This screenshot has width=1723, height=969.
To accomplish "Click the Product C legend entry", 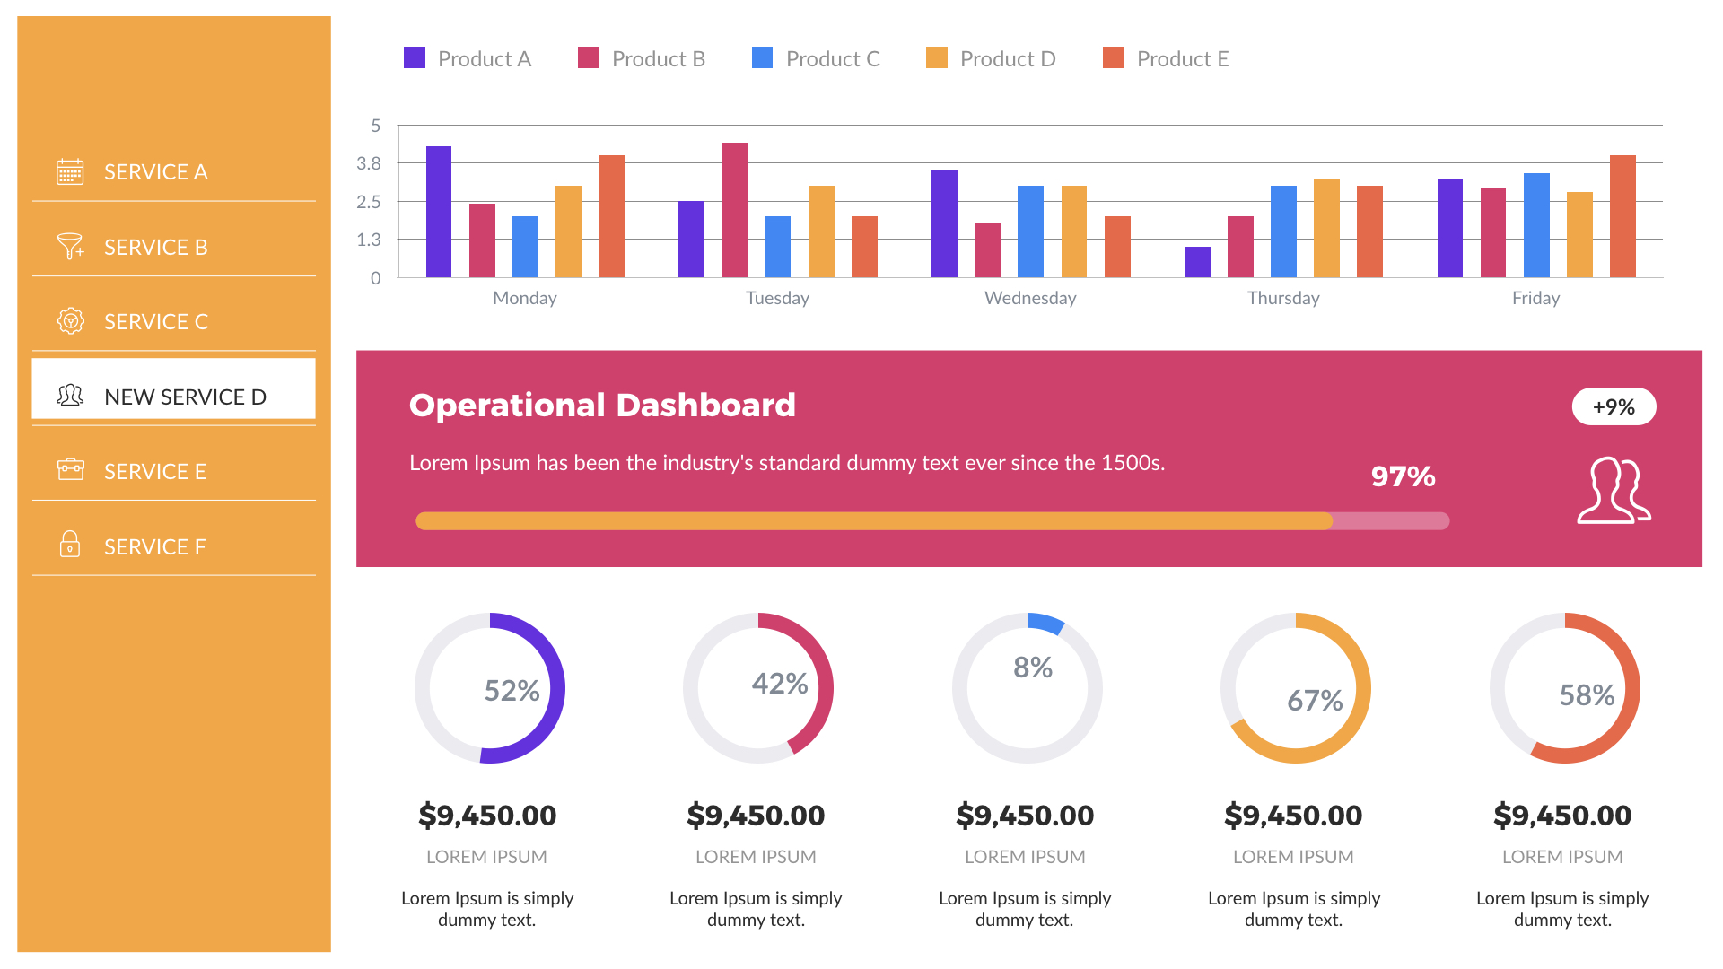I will pyautogui.click(x=816, y=59).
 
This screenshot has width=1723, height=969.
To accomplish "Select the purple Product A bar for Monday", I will pyautogui.click(x=438, y=212).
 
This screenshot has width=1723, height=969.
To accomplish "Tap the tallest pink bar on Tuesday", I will pyautogui.click(x=734, y=210).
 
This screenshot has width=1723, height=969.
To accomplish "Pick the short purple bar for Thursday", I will pyautogui.click(x=1197, y=262).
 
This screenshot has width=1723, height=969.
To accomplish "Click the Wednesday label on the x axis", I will pyautogui.click(x=1030, y=298).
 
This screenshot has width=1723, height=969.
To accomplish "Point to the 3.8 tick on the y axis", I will pyautogui.click(x=369, y=163).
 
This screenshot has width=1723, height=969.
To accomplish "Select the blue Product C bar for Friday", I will pyautogui.click(x=1536, y=225).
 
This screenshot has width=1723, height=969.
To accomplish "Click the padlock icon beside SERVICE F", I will pyautogui.click(x=70, y=545).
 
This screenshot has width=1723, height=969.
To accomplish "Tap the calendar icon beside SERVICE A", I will pyautogui.click(x=70, y=171).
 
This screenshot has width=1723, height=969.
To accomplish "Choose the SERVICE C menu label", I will pyautogui.click(x=156, y=321).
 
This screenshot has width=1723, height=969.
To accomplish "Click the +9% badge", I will pyautogui.click(x=1614, y=406).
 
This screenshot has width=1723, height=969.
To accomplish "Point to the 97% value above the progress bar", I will pyautogui.click(x=1403, y=476).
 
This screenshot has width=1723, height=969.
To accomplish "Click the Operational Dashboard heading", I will pyautogui.click(x=602, y=405).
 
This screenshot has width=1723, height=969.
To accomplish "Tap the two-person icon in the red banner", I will pyautogui.click(x=1614, y=491).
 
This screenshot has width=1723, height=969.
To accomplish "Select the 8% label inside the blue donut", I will pyautogui.click(x=1032, y=668).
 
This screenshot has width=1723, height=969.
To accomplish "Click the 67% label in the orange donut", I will pyautogui.click(x=1315, y=700).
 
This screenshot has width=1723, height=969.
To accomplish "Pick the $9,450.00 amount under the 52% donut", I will pyautogui.click(x=487, y=816).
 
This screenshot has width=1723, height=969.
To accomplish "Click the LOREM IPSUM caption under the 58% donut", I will pyautogui.click(x=1562, y=857).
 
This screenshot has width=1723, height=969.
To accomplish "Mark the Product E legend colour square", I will pyautogui.click(x=1113, y=58).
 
